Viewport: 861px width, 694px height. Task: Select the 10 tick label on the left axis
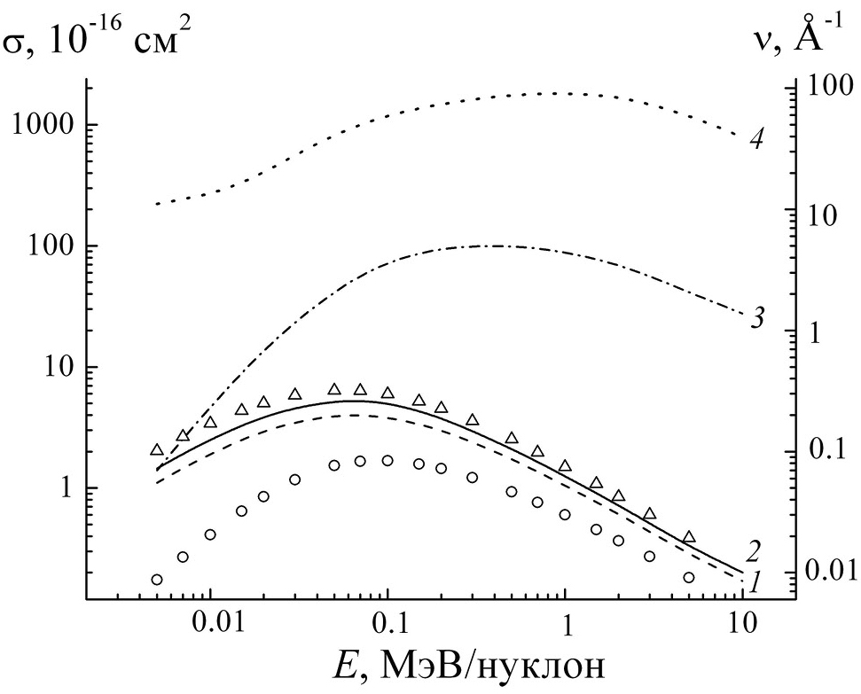pos(59,367)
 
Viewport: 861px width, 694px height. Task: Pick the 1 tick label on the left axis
pos(67,488)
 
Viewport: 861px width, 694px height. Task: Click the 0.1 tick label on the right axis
pos(826,449)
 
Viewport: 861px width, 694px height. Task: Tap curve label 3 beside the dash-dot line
pos(756,318)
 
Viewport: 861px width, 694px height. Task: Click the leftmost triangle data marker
pos(157,450)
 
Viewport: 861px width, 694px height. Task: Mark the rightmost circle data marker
pos(689,577)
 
